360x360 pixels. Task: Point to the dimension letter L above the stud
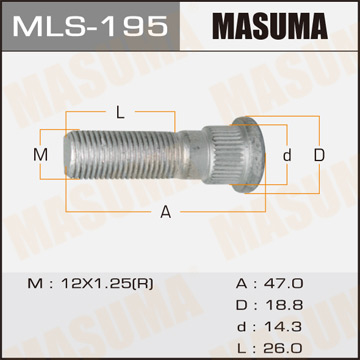point(120,111)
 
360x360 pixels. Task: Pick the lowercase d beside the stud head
point(286,155)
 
